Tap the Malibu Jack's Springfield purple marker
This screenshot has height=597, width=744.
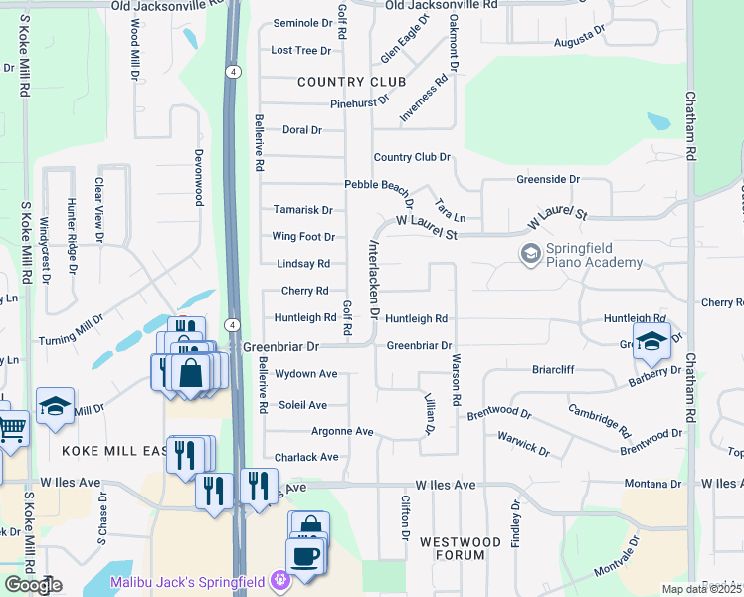pos(281,578)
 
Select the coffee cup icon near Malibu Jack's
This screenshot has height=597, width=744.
pos(304,554)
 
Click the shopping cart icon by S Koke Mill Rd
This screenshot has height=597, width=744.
pos(11,428)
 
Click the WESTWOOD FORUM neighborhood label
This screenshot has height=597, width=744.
pos(460,549)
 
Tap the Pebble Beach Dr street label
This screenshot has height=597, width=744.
pos(379,186)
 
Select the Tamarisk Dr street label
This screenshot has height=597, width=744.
pos(302,210)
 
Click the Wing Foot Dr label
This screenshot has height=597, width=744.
pos(303,237)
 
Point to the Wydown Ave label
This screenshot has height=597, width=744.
pos(306,374)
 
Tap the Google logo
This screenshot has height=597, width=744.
pos(33,585)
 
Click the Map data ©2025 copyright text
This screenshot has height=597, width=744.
pos(702,589)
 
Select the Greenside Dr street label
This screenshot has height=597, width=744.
pos(547,179)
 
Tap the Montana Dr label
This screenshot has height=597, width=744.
pos(652,484)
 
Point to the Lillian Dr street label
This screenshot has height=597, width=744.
pos(430,413)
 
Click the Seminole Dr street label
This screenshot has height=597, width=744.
pos(302,22)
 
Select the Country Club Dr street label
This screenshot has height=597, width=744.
pos(412,157)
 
